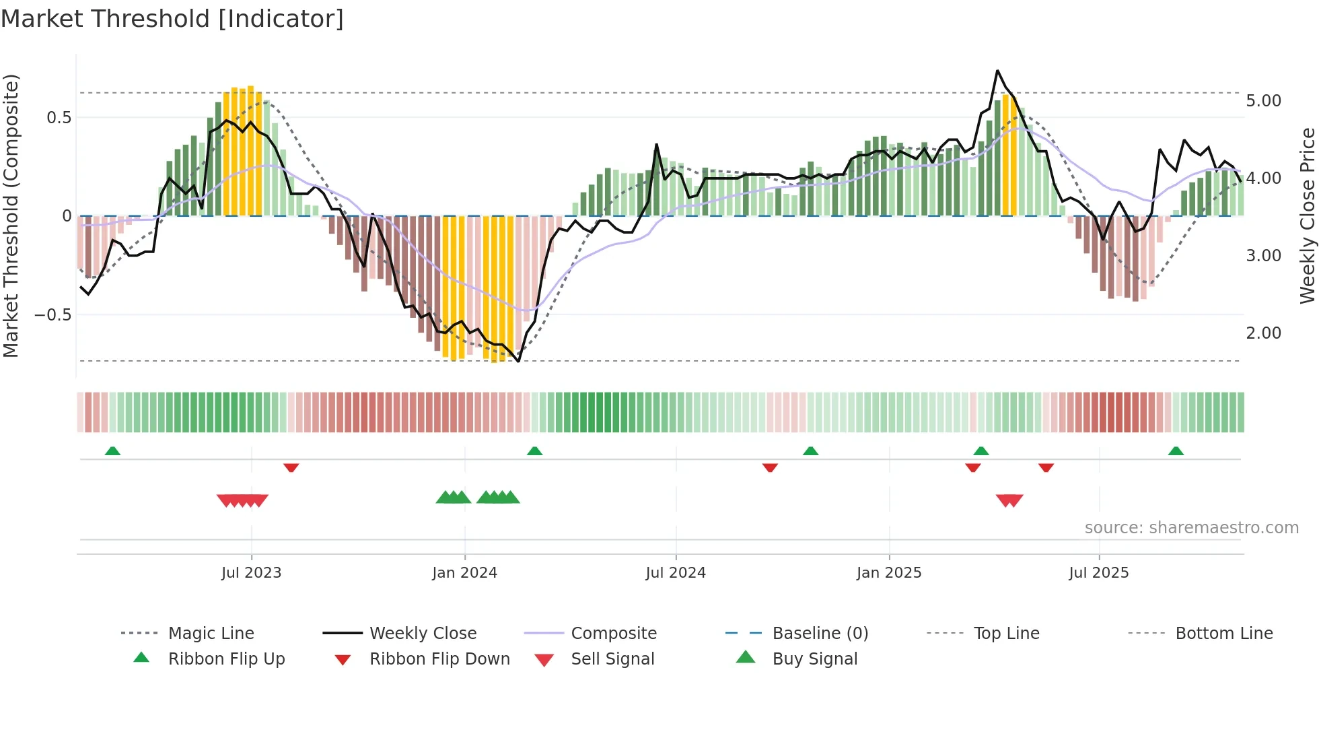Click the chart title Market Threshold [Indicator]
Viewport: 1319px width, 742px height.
pos(172,19)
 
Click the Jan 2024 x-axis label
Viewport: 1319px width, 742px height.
pos(464,573)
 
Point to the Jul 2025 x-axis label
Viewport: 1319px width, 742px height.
pos(1098,573)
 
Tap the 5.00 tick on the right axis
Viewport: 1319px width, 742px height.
pos(1263,101)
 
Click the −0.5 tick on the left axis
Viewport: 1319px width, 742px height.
pos(52,315)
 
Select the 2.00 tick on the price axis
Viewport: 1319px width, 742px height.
pos(1263,333)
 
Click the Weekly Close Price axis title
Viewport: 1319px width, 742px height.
pos(1307,215)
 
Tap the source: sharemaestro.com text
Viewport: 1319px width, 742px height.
pos(1191,528)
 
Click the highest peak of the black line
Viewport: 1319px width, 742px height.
pos(997,71)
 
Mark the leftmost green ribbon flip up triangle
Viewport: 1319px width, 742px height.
pos(112,451)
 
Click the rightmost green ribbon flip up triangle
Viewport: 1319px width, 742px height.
pos(1176,451)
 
